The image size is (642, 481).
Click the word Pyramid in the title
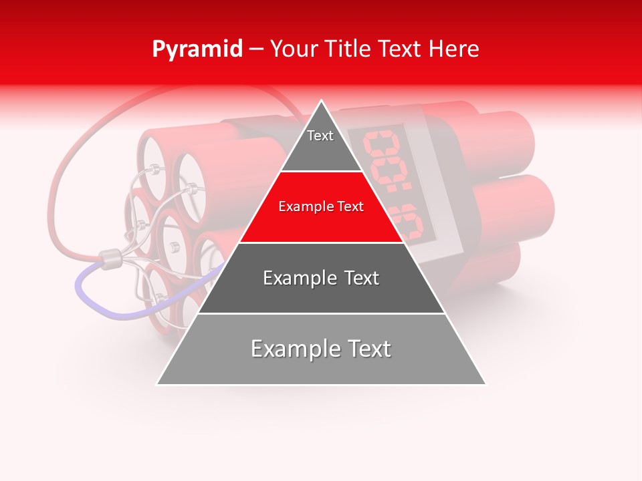tap(197, 49)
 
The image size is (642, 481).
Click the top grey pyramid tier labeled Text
tap(320, 144)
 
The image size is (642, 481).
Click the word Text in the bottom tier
tap(366, 349)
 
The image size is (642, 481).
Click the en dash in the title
tap(257, 49)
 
